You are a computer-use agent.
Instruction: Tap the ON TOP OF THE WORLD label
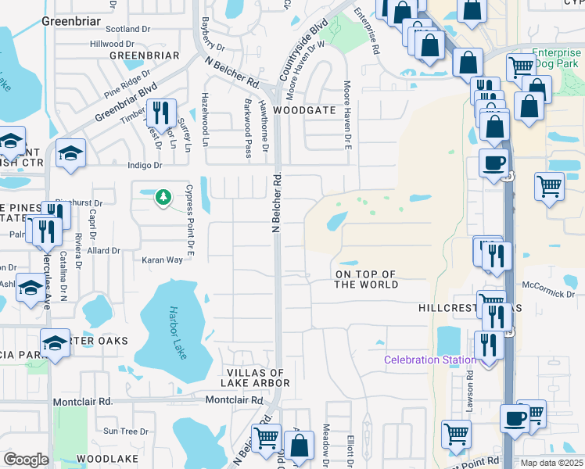tap(366, 280)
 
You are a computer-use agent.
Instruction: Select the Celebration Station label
tap(429, 360)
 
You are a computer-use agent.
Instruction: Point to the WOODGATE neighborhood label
tap(327, 111)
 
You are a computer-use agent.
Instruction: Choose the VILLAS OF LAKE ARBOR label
tap(257, 378)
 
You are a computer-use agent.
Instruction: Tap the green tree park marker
tap(163, 197)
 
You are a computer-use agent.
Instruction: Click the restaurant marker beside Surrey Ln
tap(161, 114)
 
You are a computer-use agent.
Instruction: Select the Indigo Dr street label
tap(145, 166)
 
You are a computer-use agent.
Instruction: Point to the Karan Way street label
tap(162, 260)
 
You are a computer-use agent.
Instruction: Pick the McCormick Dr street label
tap(549, 293)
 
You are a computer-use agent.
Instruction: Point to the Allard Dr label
tap(103, 251)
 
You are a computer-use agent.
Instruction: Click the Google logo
tap(26, 460)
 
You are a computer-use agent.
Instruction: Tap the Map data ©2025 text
tap(551, 463)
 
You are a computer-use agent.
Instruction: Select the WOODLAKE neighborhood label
tap(108, 457)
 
